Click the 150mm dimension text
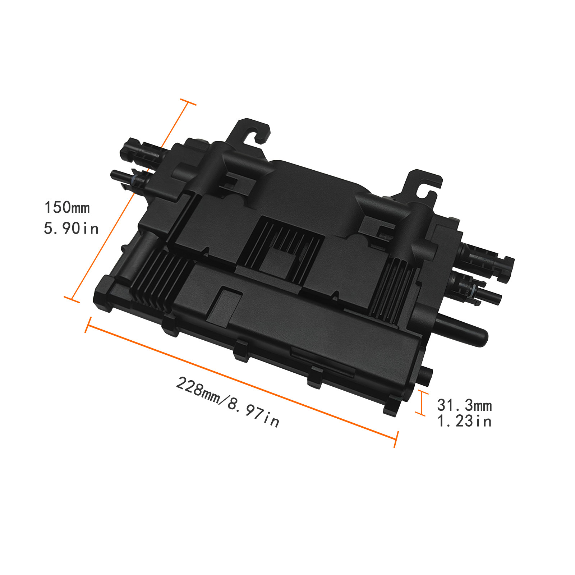click(x=67, y=208)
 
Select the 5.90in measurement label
click(x=71, y=229)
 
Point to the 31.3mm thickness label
click(x=464, y=405)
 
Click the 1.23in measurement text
click(x=464, y=421)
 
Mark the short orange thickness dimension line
click(x=421, y=403)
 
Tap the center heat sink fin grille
click(x=284, y=244)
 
